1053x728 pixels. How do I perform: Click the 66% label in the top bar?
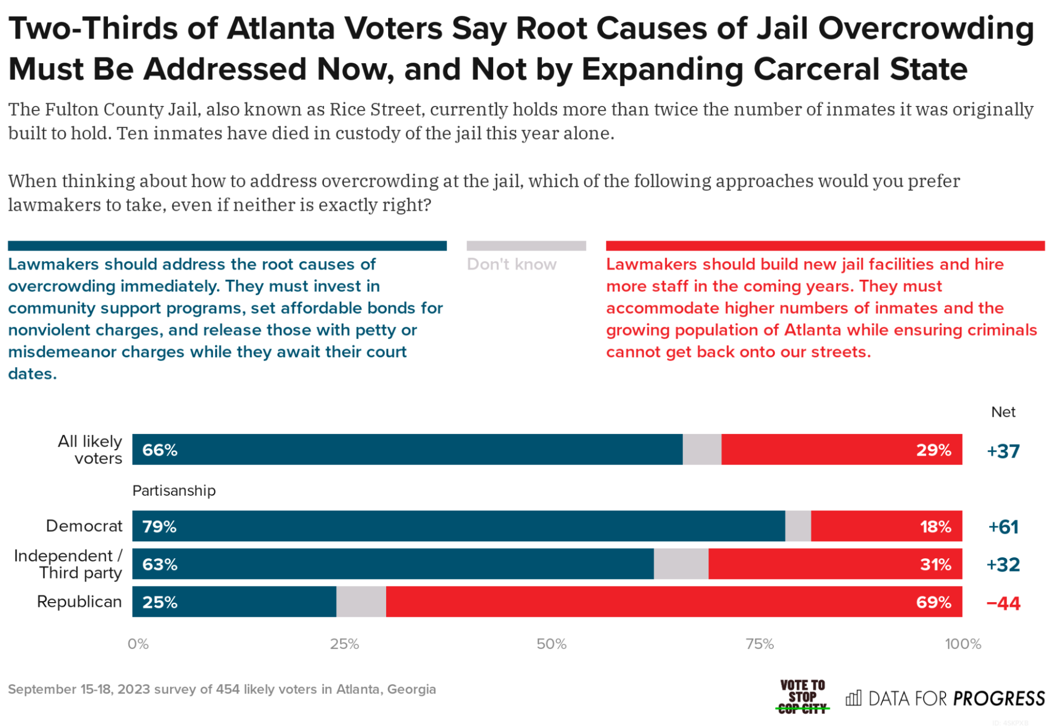click(160, 450)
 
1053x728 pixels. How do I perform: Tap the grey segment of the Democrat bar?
click(798, 526)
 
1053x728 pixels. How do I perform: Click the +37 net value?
click(1002, 451)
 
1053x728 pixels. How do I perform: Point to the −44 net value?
click(1002, 603)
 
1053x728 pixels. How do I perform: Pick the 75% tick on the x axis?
click(759, 644)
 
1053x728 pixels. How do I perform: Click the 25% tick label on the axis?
click(345, 644)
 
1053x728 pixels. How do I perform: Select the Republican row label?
click(79, 602)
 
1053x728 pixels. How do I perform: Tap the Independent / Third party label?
click(68, 564)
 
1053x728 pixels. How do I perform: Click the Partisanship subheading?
click(174, 490)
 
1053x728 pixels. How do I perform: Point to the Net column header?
click(1002, 412)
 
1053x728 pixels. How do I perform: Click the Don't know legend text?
click(511, 264)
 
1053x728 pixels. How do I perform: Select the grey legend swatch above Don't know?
click(526, 246)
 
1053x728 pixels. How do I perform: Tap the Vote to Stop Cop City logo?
click(802, 696)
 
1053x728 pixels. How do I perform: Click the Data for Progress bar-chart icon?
click(853, 699)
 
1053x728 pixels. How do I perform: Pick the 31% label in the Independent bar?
click(935, 564)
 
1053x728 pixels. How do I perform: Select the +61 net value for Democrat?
click(1002, 527)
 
